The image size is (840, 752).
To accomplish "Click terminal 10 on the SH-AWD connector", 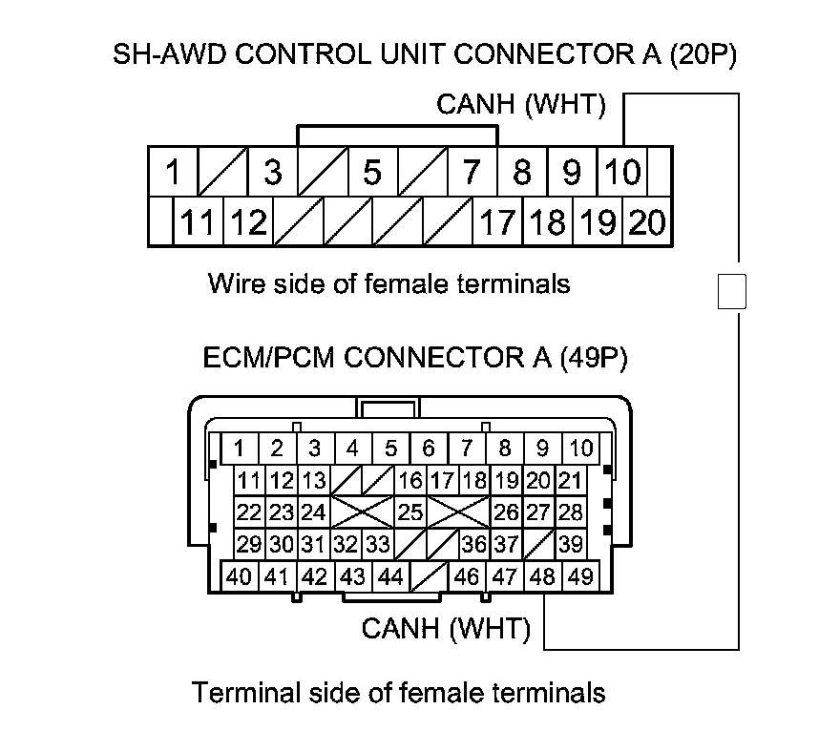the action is pos(622,173).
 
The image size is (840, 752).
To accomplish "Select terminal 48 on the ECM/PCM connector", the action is pos(542,576).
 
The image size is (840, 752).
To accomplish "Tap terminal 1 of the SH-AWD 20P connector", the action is pos(173,173).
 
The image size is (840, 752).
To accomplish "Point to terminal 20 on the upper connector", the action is pos(648,223).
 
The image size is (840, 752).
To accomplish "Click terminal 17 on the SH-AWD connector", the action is pos(496,223).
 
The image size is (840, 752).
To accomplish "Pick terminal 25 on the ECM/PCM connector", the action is pos(410,512).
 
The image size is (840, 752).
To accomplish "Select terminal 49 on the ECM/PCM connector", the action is pos(579,576).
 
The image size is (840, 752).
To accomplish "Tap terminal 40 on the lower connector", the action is pos(240,576).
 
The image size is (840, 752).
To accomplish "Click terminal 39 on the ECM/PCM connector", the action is pos(571,544).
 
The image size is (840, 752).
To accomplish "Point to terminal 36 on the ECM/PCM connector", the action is pos(473,544).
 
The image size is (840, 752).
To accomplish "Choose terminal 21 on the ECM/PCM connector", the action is pos(570,480).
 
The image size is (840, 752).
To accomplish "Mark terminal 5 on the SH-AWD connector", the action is pos(372,173).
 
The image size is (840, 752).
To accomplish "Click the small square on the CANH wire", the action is pos(731,291).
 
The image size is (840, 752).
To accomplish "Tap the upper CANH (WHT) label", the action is pos(521,105).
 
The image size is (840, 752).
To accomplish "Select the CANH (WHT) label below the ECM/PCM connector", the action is pos(446,629).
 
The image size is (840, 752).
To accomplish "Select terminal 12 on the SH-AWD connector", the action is pos(249,223).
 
